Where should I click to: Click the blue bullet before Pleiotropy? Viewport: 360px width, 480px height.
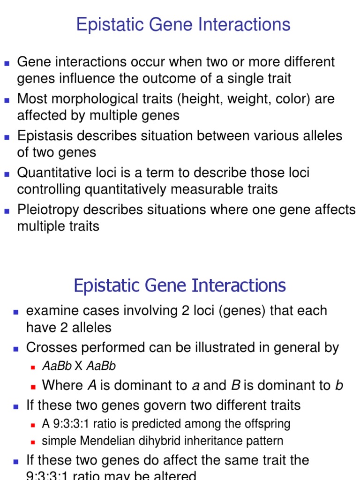7,211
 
